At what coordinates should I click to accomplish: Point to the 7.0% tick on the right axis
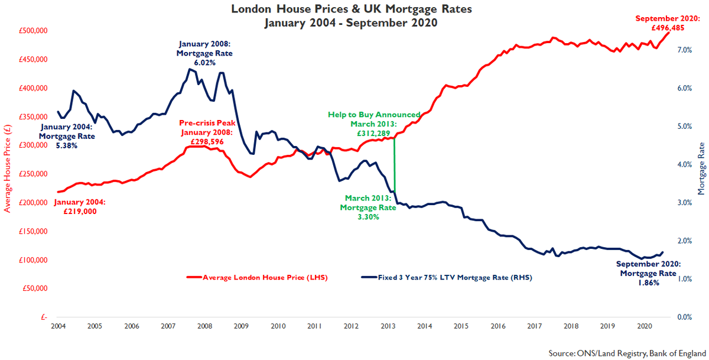pyautogui.click(x=684, y=50)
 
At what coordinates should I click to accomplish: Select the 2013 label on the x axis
pyautogui.click(x=388, y=326)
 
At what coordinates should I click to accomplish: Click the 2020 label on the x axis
pyautogui.click(x=645, y=326)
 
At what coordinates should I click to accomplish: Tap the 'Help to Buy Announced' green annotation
pyautogui.click(x=374, y=115)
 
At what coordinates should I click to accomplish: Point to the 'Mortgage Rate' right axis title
pyautogui.click(x=703, y=168)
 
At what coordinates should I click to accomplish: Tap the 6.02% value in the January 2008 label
pyautogui.click(x=204, y=62)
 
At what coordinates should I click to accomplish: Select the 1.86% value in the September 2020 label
pyautogui.click(x=648, y=283)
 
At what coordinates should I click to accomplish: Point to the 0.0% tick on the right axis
pyautogui.click(x=684, y=317)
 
